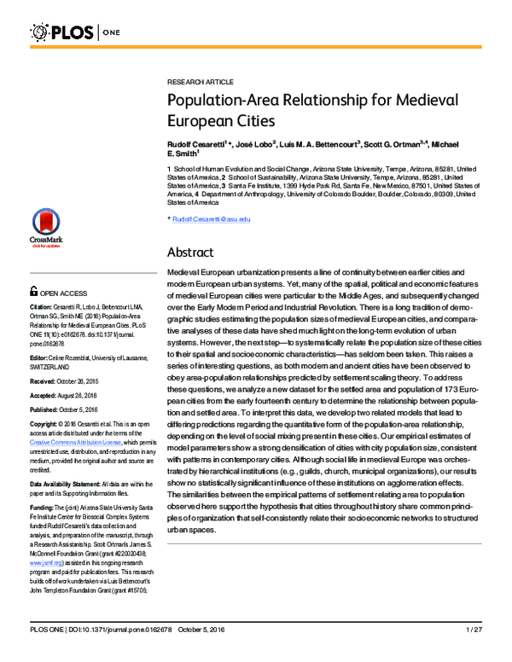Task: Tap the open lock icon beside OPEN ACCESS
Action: pyautogui.click(x=33, y=291)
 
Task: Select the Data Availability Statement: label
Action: pyautogui.click(x=71, y=483)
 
